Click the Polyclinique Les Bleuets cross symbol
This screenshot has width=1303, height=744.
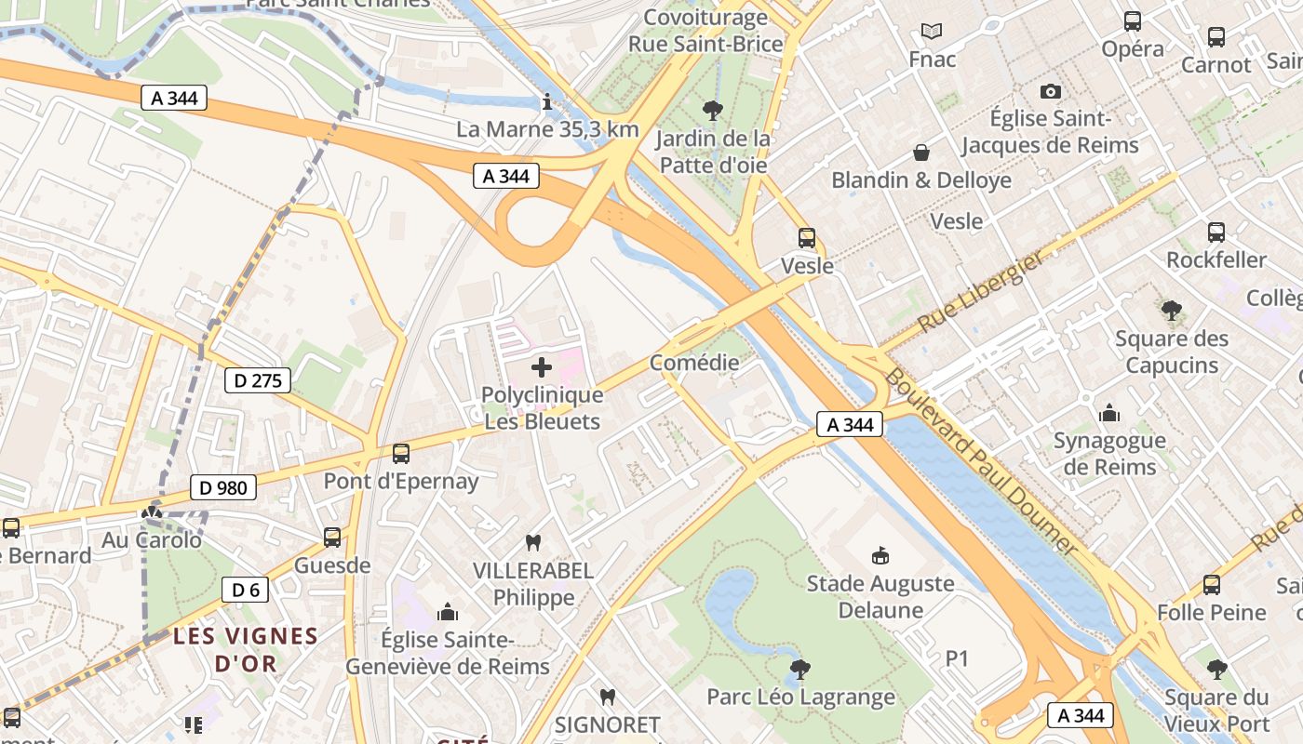[x=541, y=368]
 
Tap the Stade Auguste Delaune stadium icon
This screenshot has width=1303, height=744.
[x=880, y=556]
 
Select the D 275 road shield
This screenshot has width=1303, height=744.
[x=258, y=379]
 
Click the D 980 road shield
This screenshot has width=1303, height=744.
[x=222, y=486]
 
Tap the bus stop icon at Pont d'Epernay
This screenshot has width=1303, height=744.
[x=401, y=454]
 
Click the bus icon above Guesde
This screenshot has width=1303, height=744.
[x=332, y=538]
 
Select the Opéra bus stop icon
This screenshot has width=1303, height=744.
[x=1133, y=21]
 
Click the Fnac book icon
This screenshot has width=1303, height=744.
[x=932, y=32]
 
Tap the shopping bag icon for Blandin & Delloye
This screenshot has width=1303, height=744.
[x=921, y=153]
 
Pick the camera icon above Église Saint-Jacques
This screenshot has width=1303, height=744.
[x=1051, y=91]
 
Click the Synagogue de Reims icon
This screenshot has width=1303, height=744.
[x=1108, y=413]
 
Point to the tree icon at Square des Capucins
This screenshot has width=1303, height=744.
[x=1172, y=311]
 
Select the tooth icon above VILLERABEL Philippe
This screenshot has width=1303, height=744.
[x=533, y=542]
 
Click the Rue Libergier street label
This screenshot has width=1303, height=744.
[x=981, y=293]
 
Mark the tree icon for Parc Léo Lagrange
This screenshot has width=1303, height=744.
[x=799, y=669]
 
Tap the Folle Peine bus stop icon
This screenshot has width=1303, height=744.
[x=1211, y=585]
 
